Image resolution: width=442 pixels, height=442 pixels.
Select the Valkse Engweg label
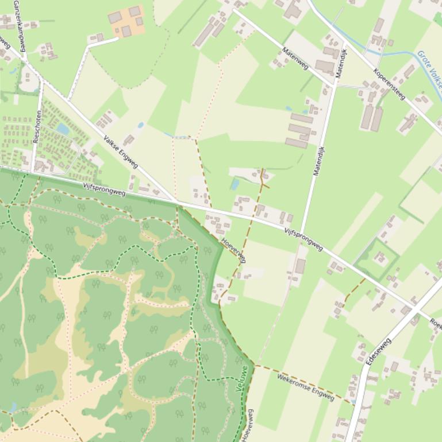[121, 152]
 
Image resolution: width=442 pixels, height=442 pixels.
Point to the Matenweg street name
[295, 59]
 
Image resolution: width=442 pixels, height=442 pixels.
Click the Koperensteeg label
[389, 84]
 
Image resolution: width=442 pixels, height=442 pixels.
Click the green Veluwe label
[243, 379]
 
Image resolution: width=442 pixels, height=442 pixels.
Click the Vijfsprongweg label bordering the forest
[104, 189]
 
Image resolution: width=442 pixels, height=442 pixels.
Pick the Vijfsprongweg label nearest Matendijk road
[303, 238]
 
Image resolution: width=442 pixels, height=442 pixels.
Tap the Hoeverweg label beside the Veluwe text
[248, 425]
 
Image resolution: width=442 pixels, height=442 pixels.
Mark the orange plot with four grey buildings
[126, 22]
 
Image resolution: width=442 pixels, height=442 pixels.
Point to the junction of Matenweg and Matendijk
[335, 85]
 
